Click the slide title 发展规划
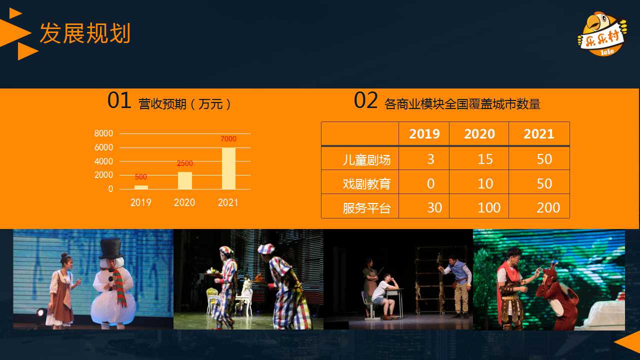tap(85, 33)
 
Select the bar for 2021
tap(228, 168)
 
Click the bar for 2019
tap(141, 187)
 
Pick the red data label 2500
tap(185, 163)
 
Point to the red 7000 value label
tap(228, 139)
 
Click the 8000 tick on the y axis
tap(103, 133)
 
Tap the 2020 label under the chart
tap(184, 202)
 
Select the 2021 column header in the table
tap(539, 134)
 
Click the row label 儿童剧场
tap(366, 159)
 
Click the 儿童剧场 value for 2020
tap(485, 159)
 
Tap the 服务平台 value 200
tap(548, 207)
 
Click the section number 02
tap(365, 100)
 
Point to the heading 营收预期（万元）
tap(184, 104)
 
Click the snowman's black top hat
tap(111, 248)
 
